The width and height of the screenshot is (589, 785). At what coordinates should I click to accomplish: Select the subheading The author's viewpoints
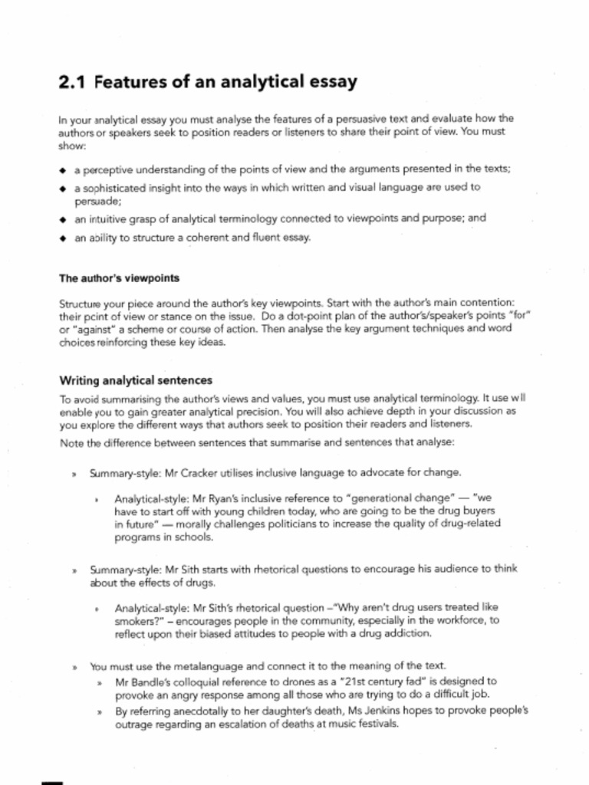pyautogui.click(x=119, y=278)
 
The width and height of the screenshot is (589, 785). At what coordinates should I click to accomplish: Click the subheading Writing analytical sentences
pyautogui.click(x=136, y=380)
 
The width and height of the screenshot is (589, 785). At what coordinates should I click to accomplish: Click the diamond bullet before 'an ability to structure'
pyautogui.click(x=63, y=238)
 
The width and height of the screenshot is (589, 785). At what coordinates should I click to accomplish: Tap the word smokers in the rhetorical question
pyautogui.click(x=138, y=620)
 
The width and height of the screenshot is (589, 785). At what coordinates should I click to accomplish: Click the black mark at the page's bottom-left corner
pyautogui.click(x=51, y=781)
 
